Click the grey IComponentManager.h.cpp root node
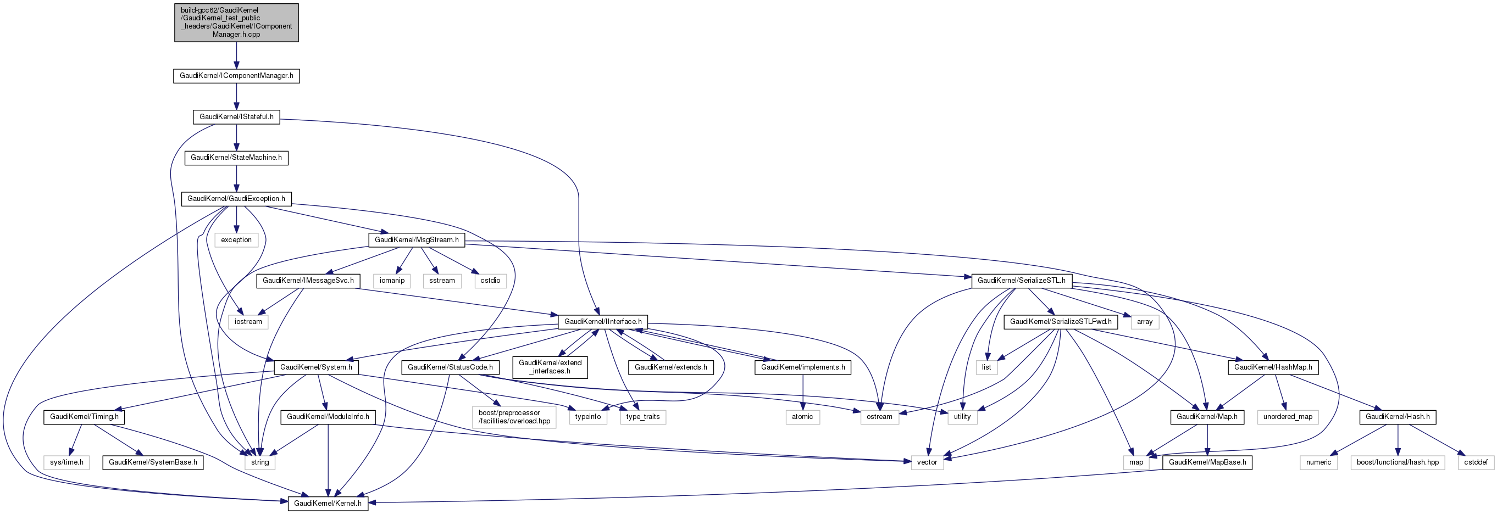tap(236, 23)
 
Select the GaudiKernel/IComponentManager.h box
tap(236, 76)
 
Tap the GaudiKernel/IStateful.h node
tap(236, 117)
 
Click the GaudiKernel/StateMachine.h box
tap(236, 158)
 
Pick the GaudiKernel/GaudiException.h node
tap(236, 199)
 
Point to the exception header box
tap(236, 240)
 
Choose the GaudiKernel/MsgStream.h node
tap(417, 240)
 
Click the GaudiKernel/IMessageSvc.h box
tap(308, 281)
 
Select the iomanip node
tap(392, 281)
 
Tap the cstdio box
tap(490, 281)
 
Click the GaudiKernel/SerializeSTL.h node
tap(1022, 281)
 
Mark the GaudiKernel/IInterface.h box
tap(603, 322)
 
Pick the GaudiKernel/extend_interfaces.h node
tap(550, 367)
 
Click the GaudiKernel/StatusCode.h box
tap(451, 367)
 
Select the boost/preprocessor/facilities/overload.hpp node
tap(514, 417)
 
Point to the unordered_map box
tap(1288, 417)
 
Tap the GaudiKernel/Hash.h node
tap(1398, 417)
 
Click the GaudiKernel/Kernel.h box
tap(328, 504)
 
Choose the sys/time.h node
tap(67, 463)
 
